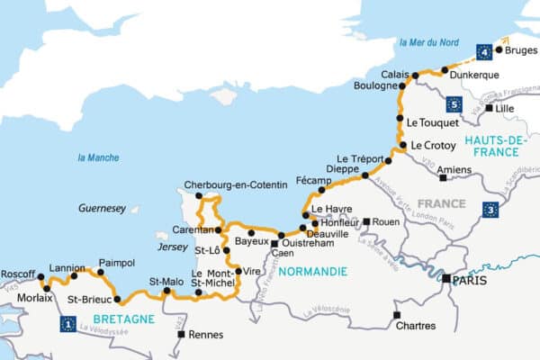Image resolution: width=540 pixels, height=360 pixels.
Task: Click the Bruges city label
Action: click(521, 50)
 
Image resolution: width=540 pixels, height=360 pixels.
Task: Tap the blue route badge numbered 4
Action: click(485, 49)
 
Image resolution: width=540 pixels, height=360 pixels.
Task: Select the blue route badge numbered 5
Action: click(454, 105)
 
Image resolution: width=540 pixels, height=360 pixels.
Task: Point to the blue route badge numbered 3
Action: click(490, 211)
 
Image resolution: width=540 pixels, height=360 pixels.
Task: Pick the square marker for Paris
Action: click(445, 280)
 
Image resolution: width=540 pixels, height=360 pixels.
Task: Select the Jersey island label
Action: click(171, 247)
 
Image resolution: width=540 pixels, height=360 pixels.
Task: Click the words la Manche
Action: click(98, 158)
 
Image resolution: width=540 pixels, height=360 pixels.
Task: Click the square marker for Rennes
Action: click(181, 335)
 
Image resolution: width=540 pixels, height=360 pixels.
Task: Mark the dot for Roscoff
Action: click(40, 276)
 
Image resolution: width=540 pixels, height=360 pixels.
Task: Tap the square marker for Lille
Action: click(489, 108)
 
